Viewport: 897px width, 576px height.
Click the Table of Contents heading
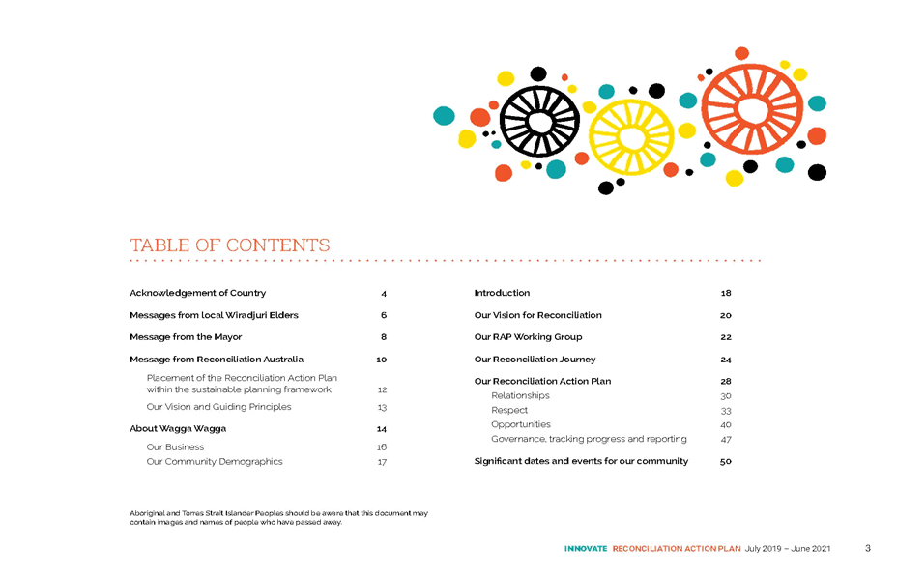tap(229, 245)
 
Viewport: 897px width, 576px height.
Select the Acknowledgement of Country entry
tap(197, 293)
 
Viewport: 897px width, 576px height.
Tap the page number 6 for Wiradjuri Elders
tap(384, 315)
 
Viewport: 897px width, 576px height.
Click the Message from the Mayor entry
tap(186, 337)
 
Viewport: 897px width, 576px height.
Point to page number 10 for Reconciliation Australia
tap(382, 360)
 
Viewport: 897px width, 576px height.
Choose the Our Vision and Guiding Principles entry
tap(218, 407)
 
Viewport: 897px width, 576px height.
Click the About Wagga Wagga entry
tap(178, 428)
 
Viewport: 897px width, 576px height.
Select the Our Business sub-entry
tap(175, 446)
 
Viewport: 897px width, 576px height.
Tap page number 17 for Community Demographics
tap(382, 462)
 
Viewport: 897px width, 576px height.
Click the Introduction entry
tap(502, 293)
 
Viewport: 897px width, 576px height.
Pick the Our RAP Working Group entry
tap(528, 337)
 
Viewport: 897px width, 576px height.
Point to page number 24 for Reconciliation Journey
tap(726, 360)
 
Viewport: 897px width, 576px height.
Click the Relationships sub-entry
tap(520, 395)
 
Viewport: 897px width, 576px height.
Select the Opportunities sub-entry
tap(521, 424)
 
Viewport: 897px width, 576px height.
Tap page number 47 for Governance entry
tap(726, 440)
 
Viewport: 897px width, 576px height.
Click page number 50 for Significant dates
tap(726, 461)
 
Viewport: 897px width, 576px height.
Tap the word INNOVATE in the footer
tap(586, 549)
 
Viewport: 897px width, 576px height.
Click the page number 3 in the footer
tap(868, 548)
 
